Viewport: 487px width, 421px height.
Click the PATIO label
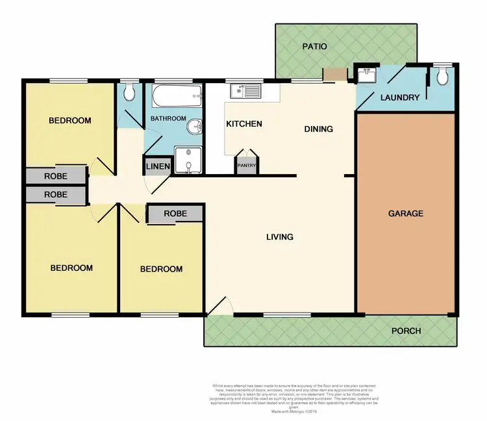tap(314, 47)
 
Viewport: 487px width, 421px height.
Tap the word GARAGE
tap(406, 213)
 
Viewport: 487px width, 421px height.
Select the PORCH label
tap(406, 331)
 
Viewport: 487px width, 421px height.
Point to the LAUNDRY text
tap(399, 98)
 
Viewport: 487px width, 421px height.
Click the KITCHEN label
tap(243, 124)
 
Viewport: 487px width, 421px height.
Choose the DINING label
tap(318, 129)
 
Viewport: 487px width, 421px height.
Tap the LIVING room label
tap(279, 236)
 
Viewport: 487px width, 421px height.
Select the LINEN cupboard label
tap(158, 167)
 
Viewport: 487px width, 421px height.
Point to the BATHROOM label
tap(168, 119)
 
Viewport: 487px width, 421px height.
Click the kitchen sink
tap(247, 90)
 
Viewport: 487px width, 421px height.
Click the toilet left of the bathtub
tap(129, 93)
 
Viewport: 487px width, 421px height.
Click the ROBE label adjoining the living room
tap(175, 213)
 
